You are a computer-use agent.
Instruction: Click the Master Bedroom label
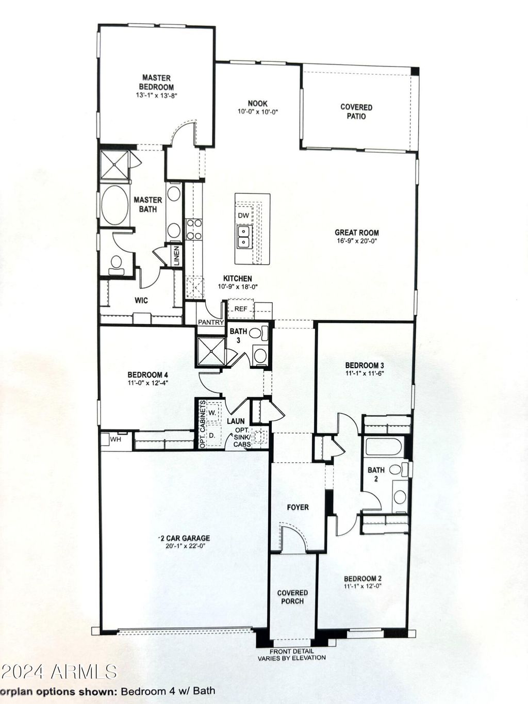click(x=156, y=83)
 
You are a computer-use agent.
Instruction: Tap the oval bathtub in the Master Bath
click(x=115, y=205)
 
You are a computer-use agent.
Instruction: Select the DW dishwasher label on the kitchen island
click(x=243, y=216)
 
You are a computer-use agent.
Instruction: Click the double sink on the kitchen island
click(x=244, y=236)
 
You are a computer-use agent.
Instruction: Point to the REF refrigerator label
click(x=241, y=309)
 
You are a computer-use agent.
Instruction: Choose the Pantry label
click(x=210, y=322)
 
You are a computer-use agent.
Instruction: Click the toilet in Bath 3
click(x=258, y=333)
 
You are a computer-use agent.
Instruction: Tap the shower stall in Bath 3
click(x=211, y=352)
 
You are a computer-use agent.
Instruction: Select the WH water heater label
click(x=115, y=439)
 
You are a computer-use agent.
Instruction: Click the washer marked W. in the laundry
click(x=212, y=413)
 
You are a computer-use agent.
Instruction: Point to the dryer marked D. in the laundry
click(x=212, y=435)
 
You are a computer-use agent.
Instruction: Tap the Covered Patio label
click(x=356, y=111)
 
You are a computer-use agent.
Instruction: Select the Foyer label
click(x=298, y=507)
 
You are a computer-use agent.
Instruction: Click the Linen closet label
click(x=177, y=256)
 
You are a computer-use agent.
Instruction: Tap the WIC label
click(x=141, y=300)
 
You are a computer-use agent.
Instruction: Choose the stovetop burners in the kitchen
click(x=194, y=229)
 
